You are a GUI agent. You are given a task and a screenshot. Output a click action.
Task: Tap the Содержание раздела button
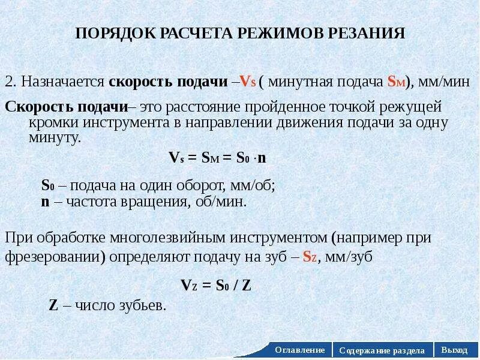[382, 350]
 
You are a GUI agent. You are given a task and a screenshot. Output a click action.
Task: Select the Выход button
[454, 350]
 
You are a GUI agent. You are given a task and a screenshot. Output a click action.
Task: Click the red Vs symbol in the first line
[247, 82]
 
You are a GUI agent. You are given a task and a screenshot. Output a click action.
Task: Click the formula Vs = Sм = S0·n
[217, 158]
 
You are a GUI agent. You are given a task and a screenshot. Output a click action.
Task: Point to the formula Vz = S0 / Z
[216, 286]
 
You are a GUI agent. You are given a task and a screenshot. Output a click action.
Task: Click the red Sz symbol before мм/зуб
[309, 257]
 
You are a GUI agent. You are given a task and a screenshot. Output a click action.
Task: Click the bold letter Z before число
[53, 305]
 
